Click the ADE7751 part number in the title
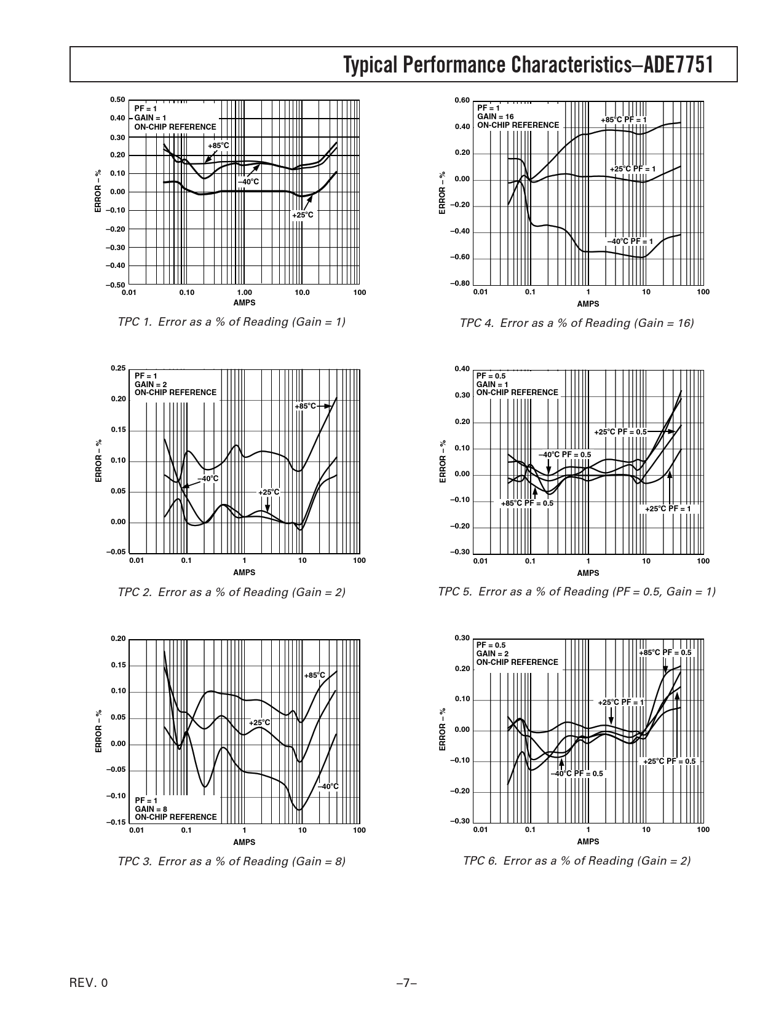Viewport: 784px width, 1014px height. pos(678,65)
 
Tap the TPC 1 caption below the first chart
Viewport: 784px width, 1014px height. pos(231,321)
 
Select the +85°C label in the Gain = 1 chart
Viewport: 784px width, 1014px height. pos(218,146)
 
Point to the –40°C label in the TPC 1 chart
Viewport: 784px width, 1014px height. pos(248,182)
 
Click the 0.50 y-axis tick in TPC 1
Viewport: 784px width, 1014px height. pos(117,100)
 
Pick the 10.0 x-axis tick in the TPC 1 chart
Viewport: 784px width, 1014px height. pos(302,293)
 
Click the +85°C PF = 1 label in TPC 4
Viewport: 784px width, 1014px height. pos(624,119)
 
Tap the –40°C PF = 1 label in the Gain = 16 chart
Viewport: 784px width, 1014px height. pos(630,242)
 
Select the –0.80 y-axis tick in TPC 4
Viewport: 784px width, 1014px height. pos(462,283)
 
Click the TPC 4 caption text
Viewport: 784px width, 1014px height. pos(576,323)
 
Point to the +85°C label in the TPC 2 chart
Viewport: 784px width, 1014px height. pos(305,406)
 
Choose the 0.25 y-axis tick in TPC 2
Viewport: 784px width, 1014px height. pos(118,368)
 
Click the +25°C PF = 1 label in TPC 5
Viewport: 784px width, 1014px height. pos(668,509)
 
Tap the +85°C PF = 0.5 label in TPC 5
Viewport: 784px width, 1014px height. pos(527,503)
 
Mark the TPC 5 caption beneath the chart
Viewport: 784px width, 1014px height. pos(576,592)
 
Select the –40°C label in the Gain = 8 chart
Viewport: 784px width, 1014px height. pos(328,787)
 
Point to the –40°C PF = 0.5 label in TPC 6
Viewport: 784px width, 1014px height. pos(577,774)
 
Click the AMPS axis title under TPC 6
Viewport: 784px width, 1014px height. pos(588,841)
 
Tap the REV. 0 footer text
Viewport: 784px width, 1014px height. pos(89,983)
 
